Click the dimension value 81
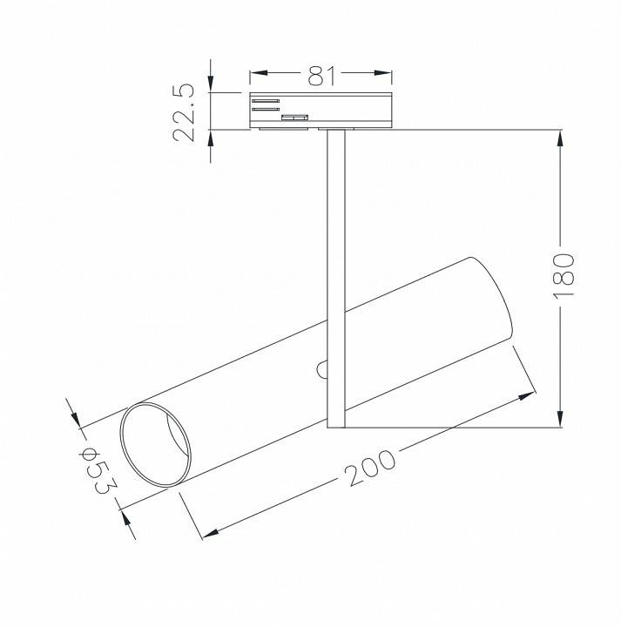coord(321,76)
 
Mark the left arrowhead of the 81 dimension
coord(258,76)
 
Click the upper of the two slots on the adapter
coord(266,101)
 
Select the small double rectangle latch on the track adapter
coord(294,115)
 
